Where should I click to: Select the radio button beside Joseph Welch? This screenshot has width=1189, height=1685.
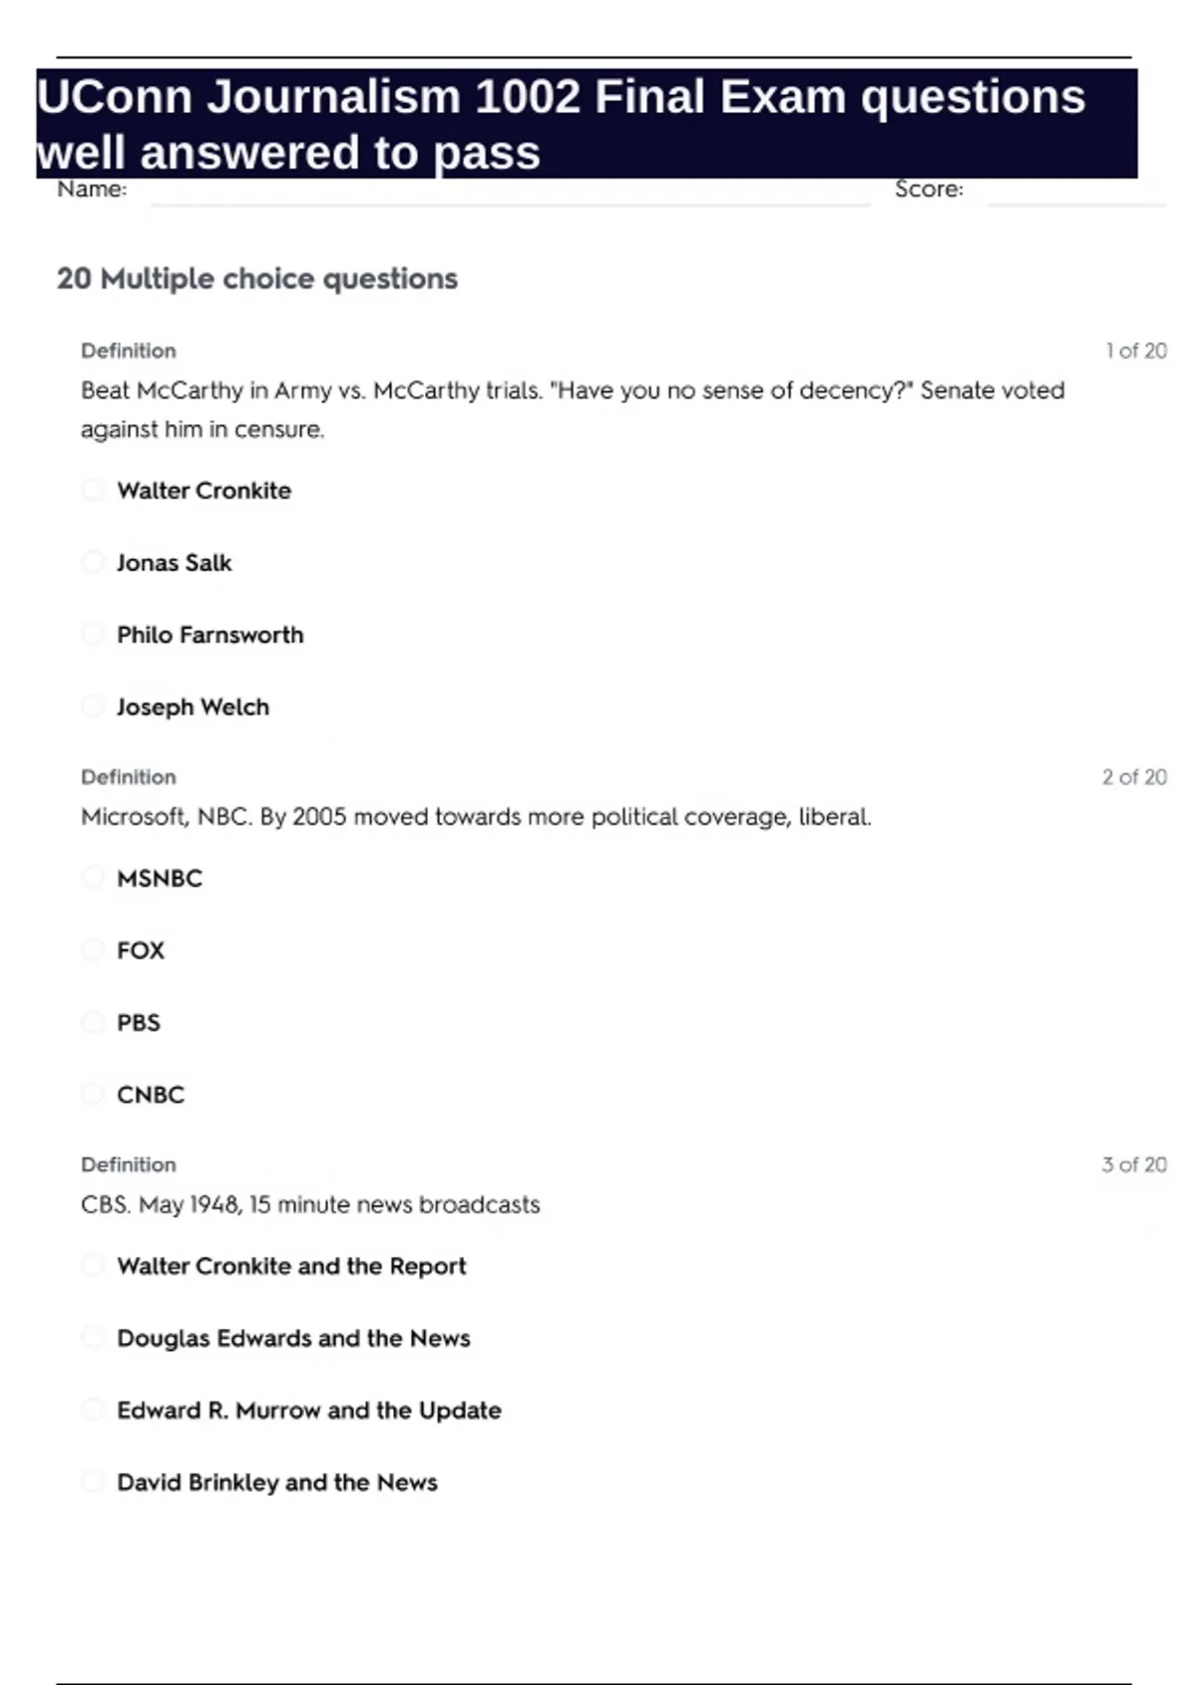pyautogui.click(x=92, y=707)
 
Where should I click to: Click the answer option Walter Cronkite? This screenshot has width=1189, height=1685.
pyautogui.click(x=203, y=491)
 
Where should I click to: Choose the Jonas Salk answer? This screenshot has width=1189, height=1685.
pyautogui.click(x=173, y=563)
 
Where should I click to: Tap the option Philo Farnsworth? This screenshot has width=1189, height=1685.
pyautogui.click(x=210, y=635)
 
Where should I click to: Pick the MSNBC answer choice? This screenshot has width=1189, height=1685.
pyautogui.click(x=159, y=878)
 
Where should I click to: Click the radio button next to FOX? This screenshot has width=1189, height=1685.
pyautogui.click(x=92, y=951)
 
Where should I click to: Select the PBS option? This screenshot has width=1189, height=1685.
pyautogui.click(x=138, y=1023)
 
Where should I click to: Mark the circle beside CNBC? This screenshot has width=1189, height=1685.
pyautogui.click(x=92, y=1094)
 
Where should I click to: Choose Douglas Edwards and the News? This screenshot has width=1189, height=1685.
pyautogui.click(x=293, y=1338)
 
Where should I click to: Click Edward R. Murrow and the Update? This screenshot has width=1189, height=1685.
pyautogui.click(x=308, y=1410)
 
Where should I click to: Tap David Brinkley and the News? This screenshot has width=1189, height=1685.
pyautogui.click(x=276, y=1483)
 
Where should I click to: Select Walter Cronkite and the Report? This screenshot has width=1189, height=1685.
pyautogui.click(x=291, y=1266)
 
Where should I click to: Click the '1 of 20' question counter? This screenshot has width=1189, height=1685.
pyautogui.click(x=1135, y=351)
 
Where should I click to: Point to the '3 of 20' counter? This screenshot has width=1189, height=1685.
pyautogui.click(x=1134, y=1165)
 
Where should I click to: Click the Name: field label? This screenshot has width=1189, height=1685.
pyautogui.click(x=92, y=189)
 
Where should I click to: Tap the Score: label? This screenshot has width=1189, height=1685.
pyautogui.click(x=928, y=189)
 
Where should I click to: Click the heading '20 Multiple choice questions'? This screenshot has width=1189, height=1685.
pyautogui.click(x=257, y=279)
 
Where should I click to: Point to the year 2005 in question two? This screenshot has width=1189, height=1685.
pyautogui.click(x=320, y=818)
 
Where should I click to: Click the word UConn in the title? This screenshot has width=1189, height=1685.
pyautogui.click(x=114, y=97)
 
